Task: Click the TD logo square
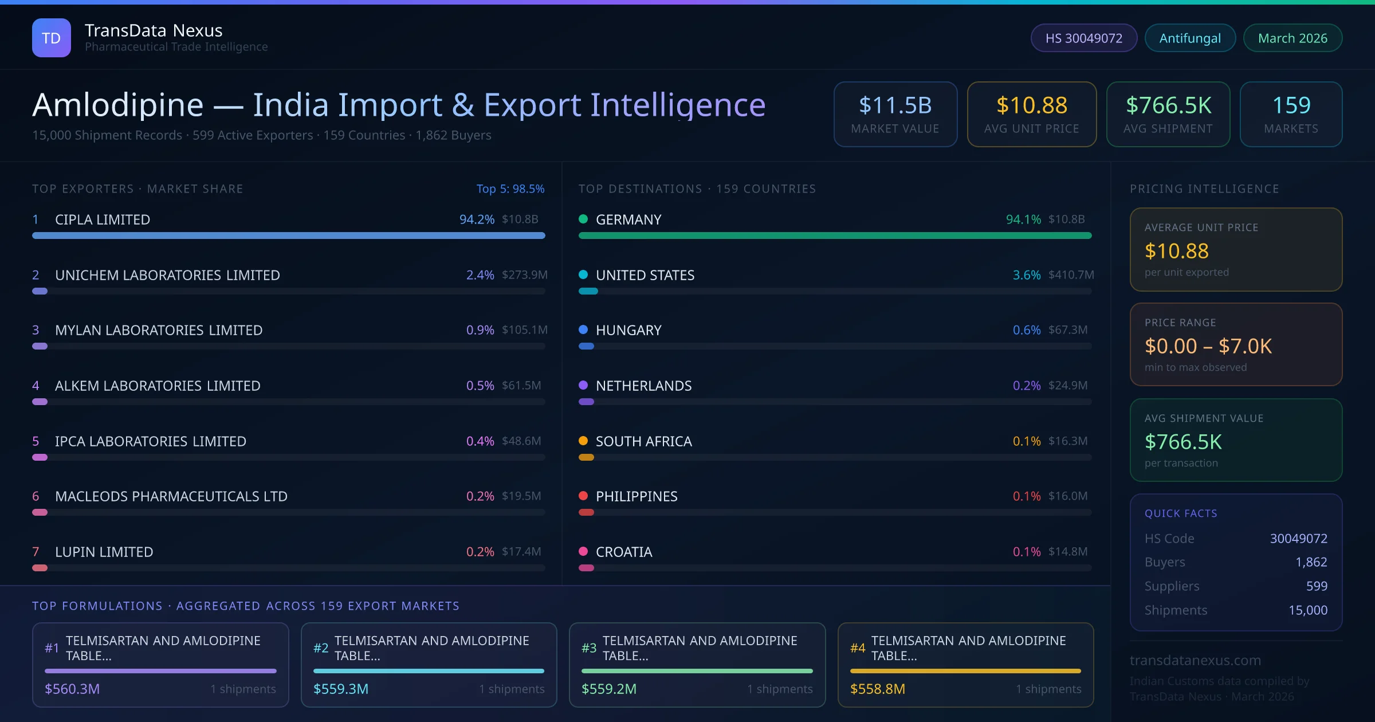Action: (x=52, y=38)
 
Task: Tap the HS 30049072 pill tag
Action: (x=1083, y=38)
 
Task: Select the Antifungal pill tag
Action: (x=1190, y=38)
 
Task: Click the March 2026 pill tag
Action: (x=1292, y=38)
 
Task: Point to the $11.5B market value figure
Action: (x=895, y=105)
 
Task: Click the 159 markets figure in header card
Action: (x=1291, y=105)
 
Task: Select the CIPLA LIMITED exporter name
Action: (x=103, y=219)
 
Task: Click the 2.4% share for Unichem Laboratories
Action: (x=480, y=275)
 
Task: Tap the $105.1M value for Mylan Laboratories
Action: (x=524, y=330)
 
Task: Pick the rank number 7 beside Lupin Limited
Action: (x=36, y=552)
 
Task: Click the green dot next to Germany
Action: (x=583, y=219)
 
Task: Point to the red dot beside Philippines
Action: (x=583, y=496)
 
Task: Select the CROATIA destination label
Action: (x=624, y=552)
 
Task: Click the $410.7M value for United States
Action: (x=1071, y=275)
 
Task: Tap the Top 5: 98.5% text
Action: (x=510, y=189)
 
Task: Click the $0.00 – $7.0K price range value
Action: (x=1208, y=346)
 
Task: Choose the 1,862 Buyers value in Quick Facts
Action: (x=1311, y=562)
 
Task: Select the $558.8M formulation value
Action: (x=877, y=689)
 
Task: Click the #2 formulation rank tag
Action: (x=321, y=648)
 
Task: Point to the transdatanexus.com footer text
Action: (x=1195, y=660)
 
